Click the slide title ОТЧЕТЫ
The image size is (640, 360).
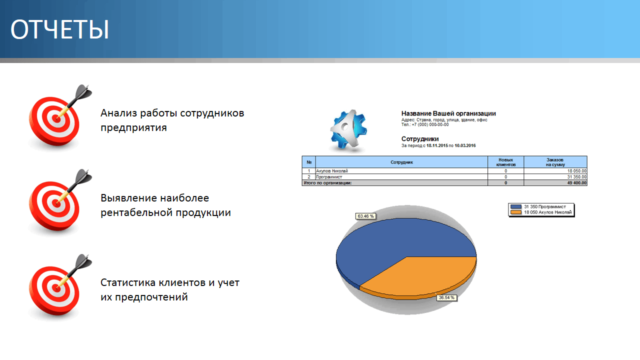pos(59,29)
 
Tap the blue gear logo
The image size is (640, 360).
pos(348,130)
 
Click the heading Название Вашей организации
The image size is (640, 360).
pos(448,113)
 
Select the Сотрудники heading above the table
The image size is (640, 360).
pos(420,139)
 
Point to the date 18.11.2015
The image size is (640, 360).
pos(437,145)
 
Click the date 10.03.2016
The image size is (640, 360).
pos(465,145)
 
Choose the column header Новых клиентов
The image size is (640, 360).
pos(505,162)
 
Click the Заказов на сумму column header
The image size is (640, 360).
pos(555,162)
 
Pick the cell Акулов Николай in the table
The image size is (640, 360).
pos(331,171)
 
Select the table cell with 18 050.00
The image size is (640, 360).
pos(576,171)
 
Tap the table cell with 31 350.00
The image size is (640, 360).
pos(576,177)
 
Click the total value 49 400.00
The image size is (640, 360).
pos(576,183)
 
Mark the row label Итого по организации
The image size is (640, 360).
pos(327,183)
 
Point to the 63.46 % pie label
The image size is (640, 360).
pos(365,216)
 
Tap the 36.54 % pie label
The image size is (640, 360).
pos(446,297)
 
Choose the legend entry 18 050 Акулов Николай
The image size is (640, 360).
pos(541,212)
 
